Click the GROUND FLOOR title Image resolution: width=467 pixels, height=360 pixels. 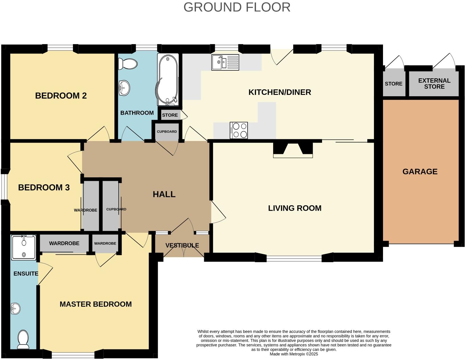pyautogui.click(x=237, y=7)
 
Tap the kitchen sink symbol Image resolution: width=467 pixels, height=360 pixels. pyautogui.click(x=225, y=62)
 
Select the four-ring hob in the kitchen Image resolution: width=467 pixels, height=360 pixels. pyautogui.click(x=239, y=130)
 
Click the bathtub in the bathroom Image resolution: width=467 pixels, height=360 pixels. pyautogui.click(x=168, y=79)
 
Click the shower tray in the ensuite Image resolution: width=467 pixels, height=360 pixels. pyautogui.click(x=24, y=247)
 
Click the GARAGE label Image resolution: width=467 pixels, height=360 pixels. pyautogui.click(x=420, y=171)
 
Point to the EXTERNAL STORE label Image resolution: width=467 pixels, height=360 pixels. pyautogui.click(x=434, y=83)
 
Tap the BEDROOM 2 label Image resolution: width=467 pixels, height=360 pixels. pyautogui.click(x=61, y=96)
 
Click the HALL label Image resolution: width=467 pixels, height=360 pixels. pyautogui.click(x=164, y=194)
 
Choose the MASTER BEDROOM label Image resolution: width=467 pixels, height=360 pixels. pyautogui.click(x=95, y=304)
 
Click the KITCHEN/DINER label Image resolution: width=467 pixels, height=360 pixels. pyautogui.click(x=280, y=92)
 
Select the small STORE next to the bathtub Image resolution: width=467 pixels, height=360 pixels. pyautogui.click(x=170, y=115)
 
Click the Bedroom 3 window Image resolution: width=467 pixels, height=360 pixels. pyautogui.click(x=4, y=187)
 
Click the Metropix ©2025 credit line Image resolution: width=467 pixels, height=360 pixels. pyautogui.click(x=294, y=354)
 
